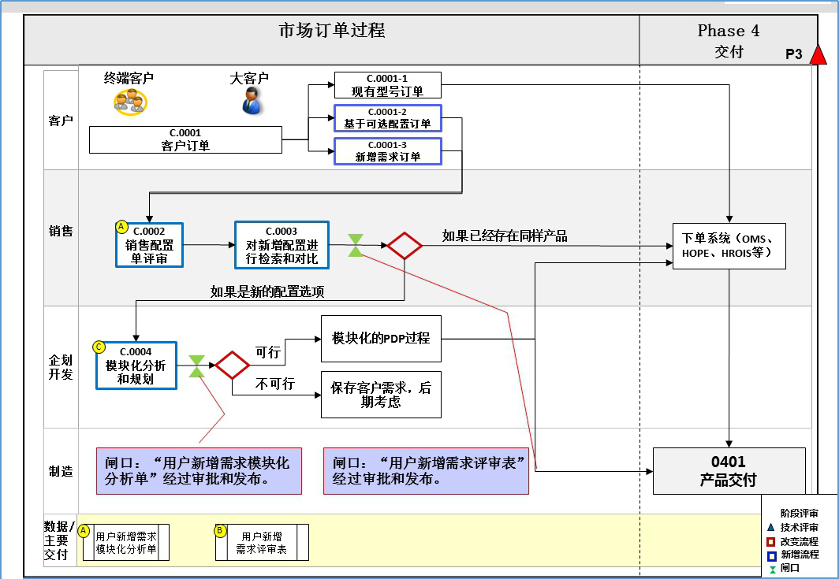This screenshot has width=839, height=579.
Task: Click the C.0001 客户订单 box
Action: tap(185, 140)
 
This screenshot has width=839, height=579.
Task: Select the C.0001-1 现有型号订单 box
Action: tap(387, 85)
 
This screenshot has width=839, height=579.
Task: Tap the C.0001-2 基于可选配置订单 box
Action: tap(387, 118)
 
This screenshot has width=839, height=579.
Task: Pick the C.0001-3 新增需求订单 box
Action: tap(387, 151)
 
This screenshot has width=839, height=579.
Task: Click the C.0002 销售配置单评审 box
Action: tap(149, 245)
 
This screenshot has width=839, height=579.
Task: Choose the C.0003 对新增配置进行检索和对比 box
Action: tap(282, 245)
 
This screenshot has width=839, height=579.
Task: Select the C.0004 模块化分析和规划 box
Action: tap(136, 366)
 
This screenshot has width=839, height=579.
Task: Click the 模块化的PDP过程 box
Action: tap(381, 339)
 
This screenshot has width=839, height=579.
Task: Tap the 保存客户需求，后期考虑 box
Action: tap(381, 395)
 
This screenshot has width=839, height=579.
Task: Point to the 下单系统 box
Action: tap(729, 246)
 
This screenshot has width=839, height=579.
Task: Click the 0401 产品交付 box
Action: tap(729, 471)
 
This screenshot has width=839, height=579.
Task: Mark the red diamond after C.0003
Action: tap(405, 246)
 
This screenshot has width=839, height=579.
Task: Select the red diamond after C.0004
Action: tap(233, 365)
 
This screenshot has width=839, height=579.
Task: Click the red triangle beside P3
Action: tap(818, 54)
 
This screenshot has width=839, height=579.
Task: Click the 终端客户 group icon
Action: tap(129, 101)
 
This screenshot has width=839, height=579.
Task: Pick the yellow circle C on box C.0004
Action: tap(99, 346)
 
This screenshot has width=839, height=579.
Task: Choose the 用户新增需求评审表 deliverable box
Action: tap(262, 543)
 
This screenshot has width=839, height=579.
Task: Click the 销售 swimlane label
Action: tap(61, 232)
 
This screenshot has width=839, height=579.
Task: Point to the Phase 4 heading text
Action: tap(729, 31)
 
